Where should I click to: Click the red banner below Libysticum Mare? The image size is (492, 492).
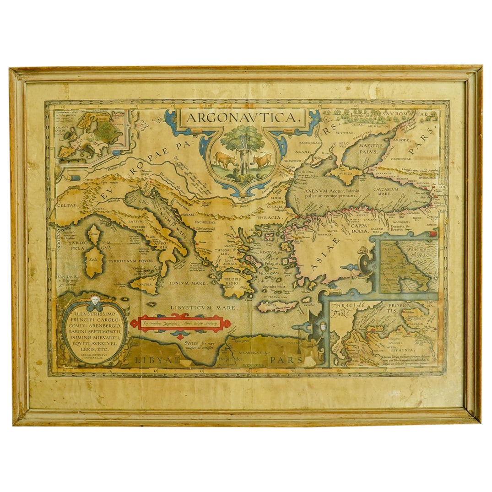pos(180,324)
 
